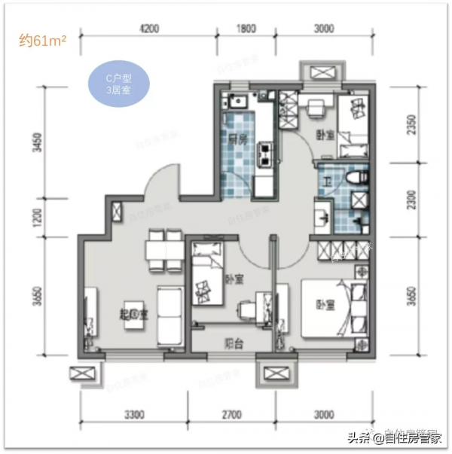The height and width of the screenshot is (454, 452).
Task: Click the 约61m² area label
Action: (x=44, y=41)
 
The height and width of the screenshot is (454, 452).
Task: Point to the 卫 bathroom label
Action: (x=328, y=181)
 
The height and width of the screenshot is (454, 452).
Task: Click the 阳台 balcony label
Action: (x=233, y=343)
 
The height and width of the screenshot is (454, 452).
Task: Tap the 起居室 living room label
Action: (x=133, y=314)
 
